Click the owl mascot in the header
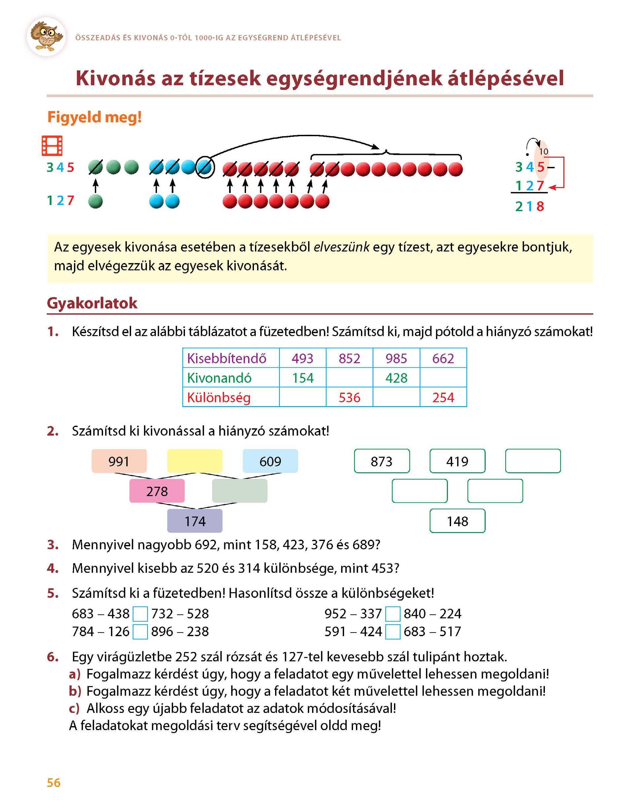tap(46, 36)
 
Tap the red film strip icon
tap(52, 145)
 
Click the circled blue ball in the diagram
tap(205, 167)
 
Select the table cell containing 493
tap(302, 358)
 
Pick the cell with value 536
tap(349, 397)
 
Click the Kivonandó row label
tap(219, 378)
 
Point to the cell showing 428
tap(396, 378)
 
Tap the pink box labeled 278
tap(157, 491)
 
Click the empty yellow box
tap(195, 461)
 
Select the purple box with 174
tap(195, 521)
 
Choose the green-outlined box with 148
tap(457, 521)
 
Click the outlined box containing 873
tap(382, 461)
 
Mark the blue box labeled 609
tap(270, 461)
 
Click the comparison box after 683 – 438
tap(140, 614)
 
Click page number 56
tap(53, 782)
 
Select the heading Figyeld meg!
tap(94, 117)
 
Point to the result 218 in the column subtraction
tap(529, 206)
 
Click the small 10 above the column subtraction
tap(543, 151)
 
